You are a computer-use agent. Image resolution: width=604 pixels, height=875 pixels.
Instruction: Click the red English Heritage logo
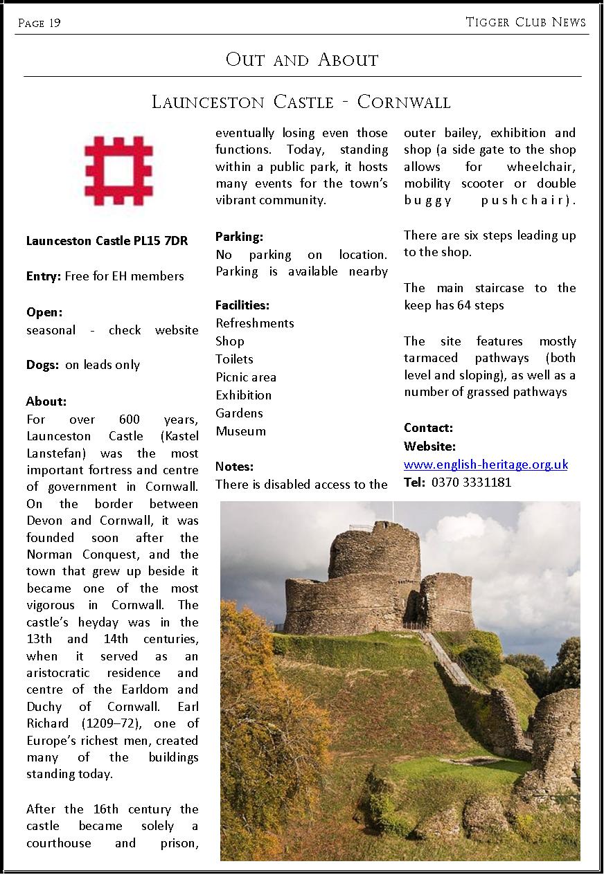tap(118, 170)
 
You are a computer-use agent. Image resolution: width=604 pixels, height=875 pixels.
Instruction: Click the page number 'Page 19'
tap(39, 24)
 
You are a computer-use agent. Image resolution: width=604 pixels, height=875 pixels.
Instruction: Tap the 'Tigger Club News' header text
tap(526, 22)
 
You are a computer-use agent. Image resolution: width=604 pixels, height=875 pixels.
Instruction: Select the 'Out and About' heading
tap(302, 60)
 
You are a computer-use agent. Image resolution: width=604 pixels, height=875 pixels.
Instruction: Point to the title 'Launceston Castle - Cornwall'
tap(301, 102)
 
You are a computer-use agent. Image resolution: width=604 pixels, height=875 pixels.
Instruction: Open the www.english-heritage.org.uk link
tap(486, 464)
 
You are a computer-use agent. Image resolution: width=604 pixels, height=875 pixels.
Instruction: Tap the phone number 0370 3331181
tap(471, 482)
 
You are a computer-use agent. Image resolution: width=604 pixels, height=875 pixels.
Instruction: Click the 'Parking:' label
tap(239, 237)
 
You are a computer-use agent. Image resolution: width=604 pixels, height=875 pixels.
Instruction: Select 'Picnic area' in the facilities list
tap(246, 377)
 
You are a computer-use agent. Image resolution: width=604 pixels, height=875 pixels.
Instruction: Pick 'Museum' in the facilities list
tap(240, 431)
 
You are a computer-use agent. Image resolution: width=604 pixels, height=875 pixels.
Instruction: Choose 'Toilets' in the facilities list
tap(234, 359)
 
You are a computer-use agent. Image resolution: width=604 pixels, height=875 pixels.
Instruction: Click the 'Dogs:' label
tap(42, 365)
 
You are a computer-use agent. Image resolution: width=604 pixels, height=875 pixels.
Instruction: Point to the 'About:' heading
tap(46, 402)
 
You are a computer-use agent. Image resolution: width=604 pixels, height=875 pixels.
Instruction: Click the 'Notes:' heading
tap(234, 467)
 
